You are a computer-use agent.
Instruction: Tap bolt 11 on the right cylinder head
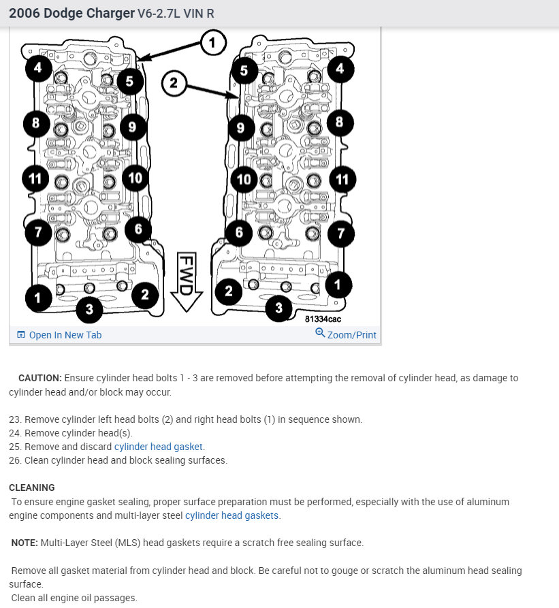coord(342,180)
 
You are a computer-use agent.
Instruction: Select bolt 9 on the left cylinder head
coord(133,127)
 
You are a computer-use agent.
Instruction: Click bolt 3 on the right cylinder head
coord(278,308)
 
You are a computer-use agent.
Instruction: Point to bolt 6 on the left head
coord(138,229)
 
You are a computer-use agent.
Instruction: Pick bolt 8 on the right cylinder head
coord(339,123)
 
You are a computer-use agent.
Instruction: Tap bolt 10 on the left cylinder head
coord(135,178)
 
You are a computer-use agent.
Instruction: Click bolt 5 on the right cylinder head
coord(244,70)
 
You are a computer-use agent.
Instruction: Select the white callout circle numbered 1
coord(212,43)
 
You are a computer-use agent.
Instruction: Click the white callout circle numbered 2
coord(174,83)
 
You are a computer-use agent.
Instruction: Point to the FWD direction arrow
coord(187,281)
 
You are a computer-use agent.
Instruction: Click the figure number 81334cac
coord(323,319)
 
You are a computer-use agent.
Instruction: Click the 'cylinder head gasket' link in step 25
coord(159,447)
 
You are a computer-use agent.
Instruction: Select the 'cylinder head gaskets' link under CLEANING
coord(232,515)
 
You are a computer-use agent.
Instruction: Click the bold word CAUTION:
coord(40,378)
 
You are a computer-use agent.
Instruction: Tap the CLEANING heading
coord(32,487)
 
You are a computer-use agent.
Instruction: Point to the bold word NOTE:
coord(25,543)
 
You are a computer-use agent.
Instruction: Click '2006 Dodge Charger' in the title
coord(71,13)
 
